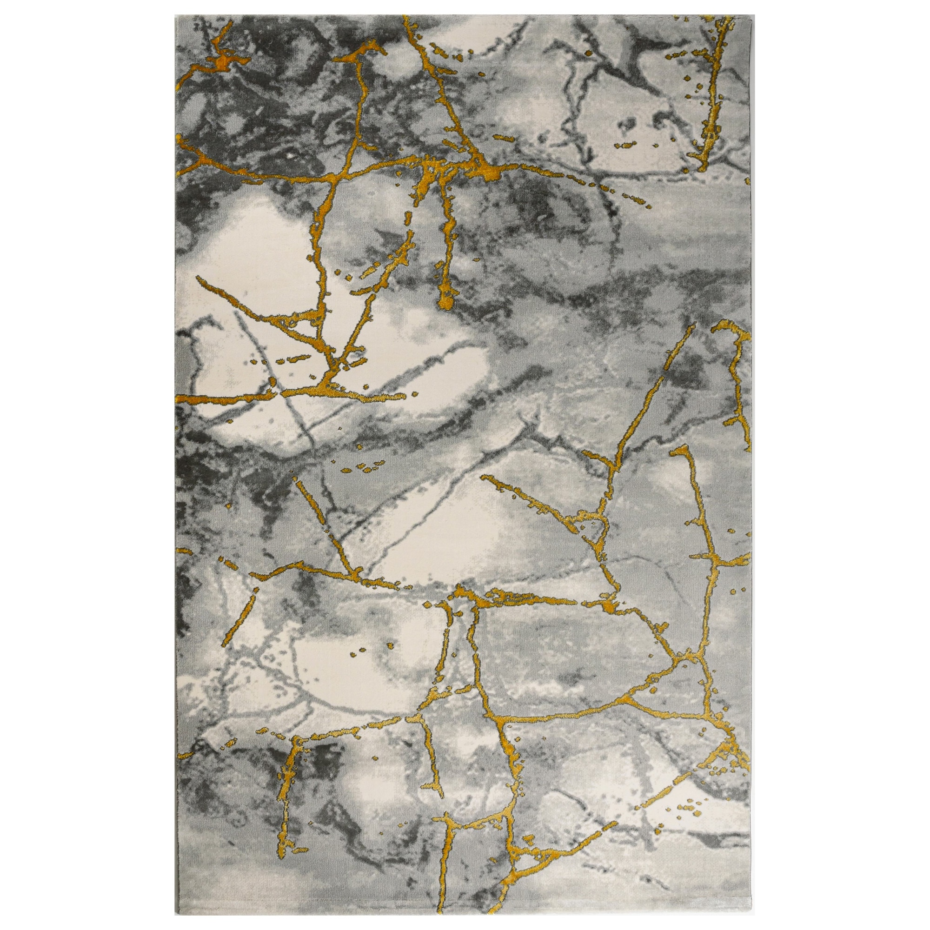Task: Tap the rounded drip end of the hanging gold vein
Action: point(446,301)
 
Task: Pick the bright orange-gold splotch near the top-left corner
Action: point(222,62)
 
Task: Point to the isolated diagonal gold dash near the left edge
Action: point(238,616)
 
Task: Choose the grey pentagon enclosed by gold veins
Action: point(568,659)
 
